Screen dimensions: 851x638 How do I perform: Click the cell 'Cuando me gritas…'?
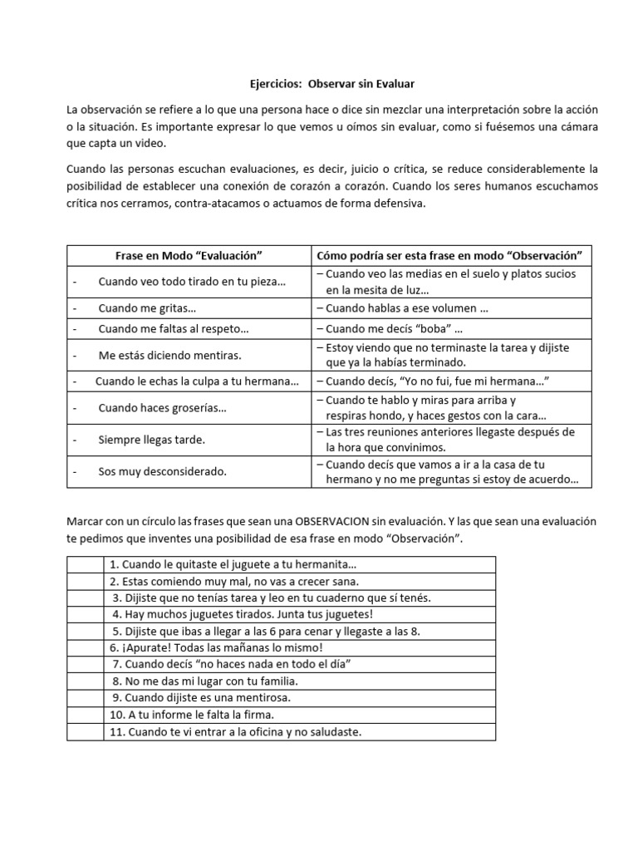pos(147,307)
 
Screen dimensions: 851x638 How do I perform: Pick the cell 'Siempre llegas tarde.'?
pos(151,439)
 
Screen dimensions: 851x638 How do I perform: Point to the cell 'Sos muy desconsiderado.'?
pos(162,471)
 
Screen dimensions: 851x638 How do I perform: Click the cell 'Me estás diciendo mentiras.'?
pos(169,355)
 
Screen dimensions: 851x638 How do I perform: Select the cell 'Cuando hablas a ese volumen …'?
pos(406,307)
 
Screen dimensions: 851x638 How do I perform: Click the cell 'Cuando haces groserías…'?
pos(162,407)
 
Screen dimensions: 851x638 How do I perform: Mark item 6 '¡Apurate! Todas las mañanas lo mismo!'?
pos(215,647)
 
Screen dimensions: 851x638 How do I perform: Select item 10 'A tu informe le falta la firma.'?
pos(203,715)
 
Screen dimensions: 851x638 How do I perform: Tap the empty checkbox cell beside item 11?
pos(85,731)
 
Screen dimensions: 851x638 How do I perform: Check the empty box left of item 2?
pos(85,582)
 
